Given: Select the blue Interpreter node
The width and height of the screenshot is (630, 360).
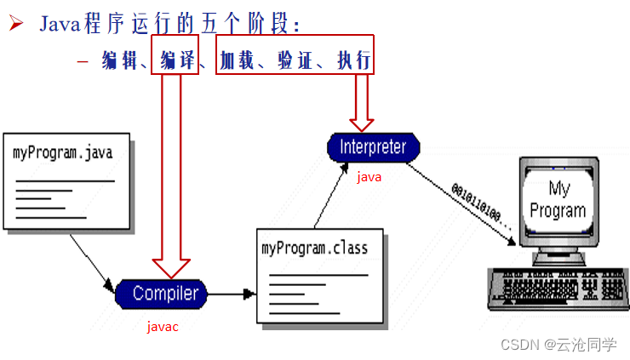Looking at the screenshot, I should pos(373,146).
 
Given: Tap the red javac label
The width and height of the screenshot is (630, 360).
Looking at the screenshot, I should pos(163,327).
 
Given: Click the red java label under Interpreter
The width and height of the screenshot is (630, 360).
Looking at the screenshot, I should pos(369,177).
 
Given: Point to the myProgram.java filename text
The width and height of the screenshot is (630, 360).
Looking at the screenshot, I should pos(62,153).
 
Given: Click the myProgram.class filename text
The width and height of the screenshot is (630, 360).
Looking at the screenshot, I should pos(314,248).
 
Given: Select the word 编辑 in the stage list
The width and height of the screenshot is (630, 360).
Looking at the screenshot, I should pos(119,60).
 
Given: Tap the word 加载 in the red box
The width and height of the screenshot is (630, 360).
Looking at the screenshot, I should pos(237,60).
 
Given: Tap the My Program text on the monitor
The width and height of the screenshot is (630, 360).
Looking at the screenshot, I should pos(558,199).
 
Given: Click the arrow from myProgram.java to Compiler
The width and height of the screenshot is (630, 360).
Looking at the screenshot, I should pos(91,260).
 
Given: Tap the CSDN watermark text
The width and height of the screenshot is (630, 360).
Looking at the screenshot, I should pos(558,344).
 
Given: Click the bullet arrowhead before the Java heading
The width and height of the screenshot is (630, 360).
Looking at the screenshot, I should pos(15,23).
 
